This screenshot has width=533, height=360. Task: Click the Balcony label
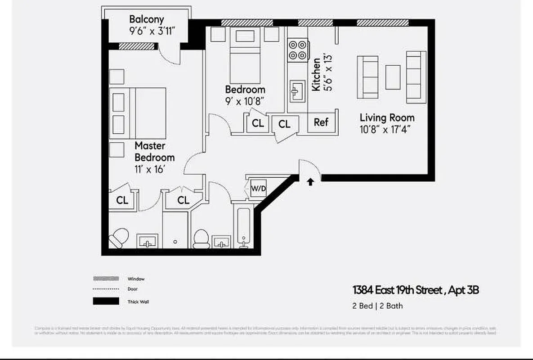(x=146, y=19)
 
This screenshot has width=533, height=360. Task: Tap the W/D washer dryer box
(x=258, y=189)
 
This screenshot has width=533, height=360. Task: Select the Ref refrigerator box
(x=321, y=122)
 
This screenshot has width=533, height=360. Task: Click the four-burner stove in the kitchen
(x=298, y=50)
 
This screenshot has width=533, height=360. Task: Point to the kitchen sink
(x=296, y=92)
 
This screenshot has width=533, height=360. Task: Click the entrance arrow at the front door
(x=310, y=182)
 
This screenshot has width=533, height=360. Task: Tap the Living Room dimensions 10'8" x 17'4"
(x=385, y=129)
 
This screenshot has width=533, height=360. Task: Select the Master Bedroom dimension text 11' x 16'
(x=147, y=170)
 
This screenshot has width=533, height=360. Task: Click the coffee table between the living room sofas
(x=393, y=77)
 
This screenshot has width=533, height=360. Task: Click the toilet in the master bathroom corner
(x=119, y=238)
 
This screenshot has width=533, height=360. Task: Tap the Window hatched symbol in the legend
(x=106, y=279)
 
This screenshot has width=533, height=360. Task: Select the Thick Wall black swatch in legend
(x=106, y=301)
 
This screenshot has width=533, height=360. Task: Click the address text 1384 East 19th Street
(x=399, y=290)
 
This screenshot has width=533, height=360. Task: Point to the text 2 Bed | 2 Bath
(x=377, y=306)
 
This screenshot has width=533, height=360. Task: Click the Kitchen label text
(x=316, y=74)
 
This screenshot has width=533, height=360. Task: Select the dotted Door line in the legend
(x=106, y=289)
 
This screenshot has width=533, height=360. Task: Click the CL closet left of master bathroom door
(x=122, y=200)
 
